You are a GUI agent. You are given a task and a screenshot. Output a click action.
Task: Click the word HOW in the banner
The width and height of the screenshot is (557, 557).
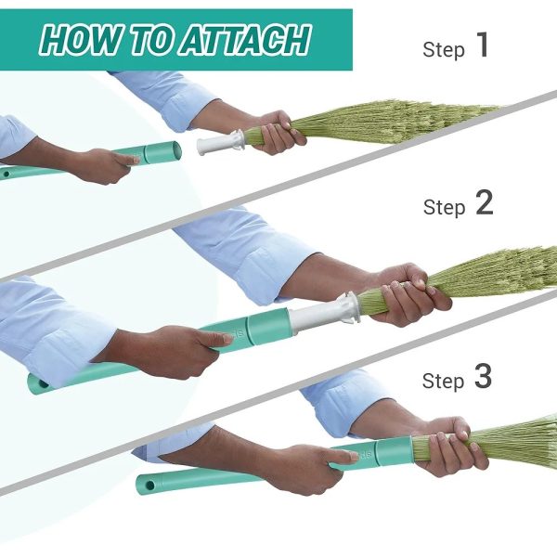coord(81,40)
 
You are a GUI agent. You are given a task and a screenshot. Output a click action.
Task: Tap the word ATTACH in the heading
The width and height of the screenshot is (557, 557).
coord(246,40)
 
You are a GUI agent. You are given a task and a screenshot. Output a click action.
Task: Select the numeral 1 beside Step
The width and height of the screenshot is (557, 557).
coord(483,45)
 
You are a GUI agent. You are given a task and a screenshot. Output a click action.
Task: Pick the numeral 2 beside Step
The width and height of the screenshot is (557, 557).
coord(485,202)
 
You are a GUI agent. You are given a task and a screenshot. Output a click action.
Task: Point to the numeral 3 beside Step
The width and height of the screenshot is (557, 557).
coord(483,376)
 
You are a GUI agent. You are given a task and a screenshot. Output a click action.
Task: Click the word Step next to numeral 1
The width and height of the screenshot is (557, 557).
coord(444,50)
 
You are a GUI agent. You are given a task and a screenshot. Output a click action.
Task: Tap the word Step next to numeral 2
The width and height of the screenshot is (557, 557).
coord(444,207)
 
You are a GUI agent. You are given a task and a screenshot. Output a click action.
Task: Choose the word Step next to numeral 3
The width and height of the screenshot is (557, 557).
coord(444,381)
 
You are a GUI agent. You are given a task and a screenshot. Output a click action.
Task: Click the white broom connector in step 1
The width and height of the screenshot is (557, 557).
coord(220,142)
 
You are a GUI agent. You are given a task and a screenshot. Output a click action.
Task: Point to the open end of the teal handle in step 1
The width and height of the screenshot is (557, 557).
coord(175,151)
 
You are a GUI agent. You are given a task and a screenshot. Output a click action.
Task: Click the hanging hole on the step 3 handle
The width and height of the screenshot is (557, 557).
coord(149,486)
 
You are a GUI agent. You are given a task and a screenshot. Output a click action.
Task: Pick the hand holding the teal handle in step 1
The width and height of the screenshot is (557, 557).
coord(103,165)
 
